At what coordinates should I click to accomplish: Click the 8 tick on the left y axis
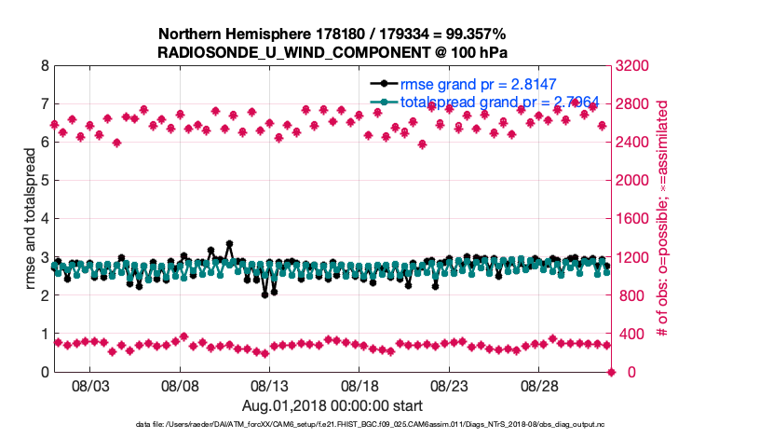tap(44, 66)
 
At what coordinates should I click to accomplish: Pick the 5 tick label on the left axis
tap(44, 181)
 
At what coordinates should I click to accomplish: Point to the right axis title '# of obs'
tap(664, 219)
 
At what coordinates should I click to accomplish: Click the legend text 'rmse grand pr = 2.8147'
tap(478, 82)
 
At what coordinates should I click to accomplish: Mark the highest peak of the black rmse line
tap(229, 244)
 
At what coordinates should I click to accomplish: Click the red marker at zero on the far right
tap(611, 372)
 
